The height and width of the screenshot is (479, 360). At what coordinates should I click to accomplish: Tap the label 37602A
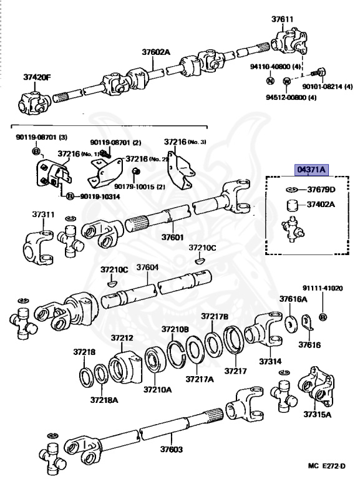155,52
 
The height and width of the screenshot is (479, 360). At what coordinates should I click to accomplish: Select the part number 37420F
38,77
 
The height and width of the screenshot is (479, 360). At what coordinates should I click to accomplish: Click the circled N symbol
270,80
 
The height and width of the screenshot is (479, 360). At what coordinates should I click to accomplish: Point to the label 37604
147,267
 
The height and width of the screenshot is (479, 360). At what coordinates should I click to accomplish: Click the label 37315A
317,414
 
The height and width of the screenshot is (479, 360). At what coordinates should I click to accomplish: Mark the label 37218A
102,399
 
